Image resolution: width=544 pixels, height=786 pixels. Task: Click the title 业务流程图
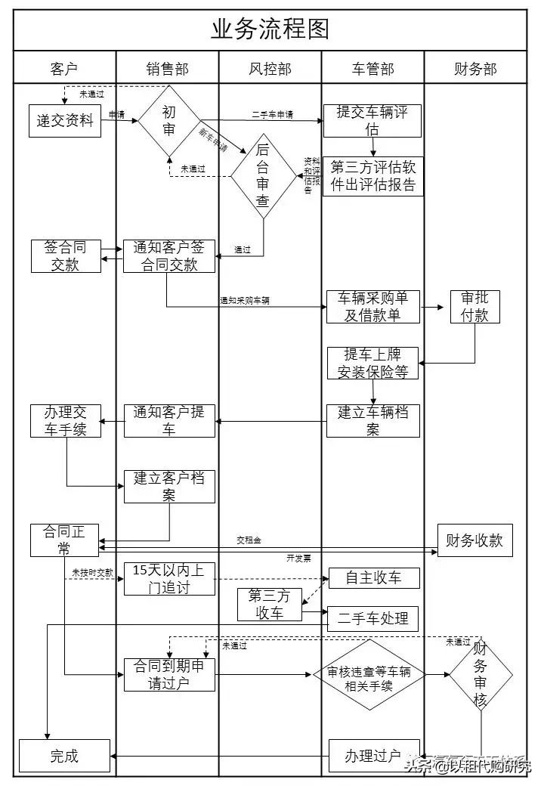pyautogui.click(x=270, y=29)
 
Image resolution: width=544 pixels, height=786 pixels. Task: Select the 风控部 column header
pyautogui.click(x=270, y=69)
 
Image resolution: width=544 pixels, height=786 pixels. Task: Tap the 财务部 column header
pyautogui.click(x=475, y=69)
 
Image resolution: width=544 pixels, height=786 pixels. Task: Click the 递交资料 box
pyautogui.click(x=64, y=119)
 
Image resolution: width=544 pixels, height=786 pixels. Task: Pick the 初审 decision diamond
pyautogui.click(x=169, y=121)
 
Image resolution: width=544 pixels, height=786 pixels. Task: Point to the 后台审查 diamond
pyautogui.click(x=263, y=176)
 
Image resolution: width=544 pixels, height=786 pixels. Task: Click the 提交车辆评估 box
pyautogui.click(x=372, y=121)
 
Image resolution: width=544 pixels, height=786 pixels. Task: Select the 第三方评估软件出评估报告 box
pyautogui.click(x=372, y=176)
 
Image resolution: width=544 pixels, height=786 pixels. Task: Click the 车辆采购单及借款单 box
pyautogui.click(x=372, y=307)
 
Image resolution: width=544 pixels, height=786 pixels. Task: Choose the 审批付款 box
pyautogui.click(x=474, y=306)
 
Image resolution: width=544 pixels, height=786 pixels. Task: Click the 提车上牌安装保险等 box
pyautogui.click(x=372, y=363)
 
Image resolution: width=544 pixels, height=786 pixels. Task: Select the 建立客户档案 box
pyautogui.click(x=169, y=486)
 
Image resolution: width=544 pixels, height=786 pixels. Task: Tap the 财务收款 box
pyautogui.click(x=474, y=540)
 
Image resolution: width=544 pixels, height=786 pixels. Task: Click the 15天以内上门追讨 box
pyautogui.click(x=169, y=579)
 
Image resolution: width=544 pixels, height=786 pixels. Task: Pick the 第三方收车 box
pyautogui.click(x=269, y=605)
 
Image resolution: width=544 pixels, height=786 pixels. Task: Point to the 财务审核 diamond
pyautogui.click(x=481, y=674)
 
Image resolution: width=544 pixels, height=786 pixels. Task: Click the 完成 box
pyautogui.click(x=64, y=756)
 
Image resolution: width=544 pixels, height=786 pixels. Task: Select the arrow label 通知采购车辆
pyautogui.click(x=244, y=300)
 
